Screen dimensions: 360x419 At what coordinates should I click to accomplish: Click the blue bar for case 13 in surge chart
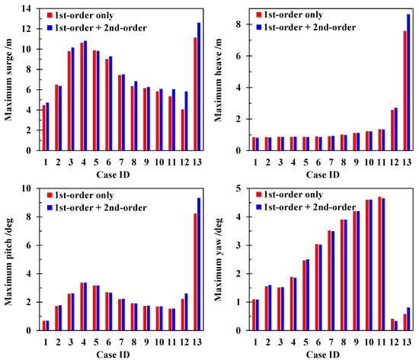tap(200, 86)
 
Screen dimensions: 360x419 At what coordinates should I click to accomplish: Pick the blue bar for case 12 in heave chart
tap(395, 129)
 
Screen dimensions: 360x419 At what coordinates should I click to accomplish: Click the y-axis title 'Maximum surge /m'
tap(10, 79)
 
